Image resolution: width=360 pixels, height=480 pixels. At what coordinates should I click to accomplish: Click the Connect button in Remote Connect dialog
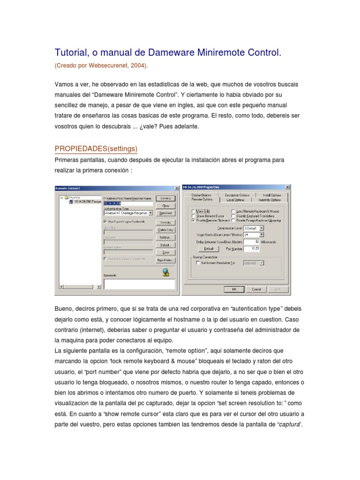165,198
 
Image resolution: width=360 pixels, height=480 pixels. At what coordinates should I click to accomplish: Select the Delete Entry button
165,230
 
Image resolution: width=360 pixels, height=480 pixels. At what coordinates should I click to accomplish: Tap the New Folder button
165,260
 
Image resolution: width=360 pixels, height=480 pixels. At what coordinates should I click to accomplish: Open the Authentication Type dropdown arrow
150,212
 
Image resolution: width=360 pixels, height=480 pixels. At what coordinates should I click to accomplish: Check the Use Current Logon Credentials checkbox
105,221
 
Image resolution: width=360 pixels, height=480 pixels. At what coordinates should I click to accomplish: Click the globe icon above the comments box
166,272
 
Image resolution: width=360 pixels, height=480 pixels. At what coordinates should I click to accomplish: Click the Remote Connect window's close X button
176,188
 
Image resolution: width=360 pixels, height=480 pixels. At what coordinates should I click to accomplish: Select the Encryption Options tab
237,195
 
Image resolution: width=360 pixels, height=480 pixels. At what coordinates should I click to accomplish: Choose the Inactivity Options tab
272,200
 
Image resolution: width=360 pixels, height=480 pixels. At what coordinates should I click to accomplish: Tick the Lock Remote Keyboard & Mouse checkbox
233,211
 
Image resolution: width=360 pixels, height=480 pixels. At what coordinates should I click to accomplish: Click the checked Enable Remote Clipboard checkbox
193,219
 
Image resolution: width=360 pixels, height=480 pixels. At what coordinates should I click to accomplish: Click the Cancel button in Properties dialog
256,289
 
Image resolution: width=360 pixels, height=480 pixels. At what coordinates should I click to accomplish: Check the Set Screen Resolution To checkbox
197,263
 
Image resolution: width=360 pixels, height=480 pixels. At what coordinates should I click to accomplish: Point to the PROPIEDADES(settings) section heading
96,149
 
